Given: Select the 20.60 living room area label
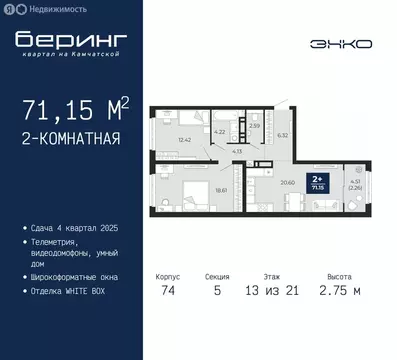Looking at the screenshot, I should [288, 181].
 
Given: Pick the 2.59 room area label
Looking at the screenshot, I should [254, 126].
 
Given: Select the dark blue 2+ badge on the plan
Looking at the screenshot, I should [318, 182].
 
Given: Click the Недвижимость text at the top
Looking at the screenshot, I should [49, 8].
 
